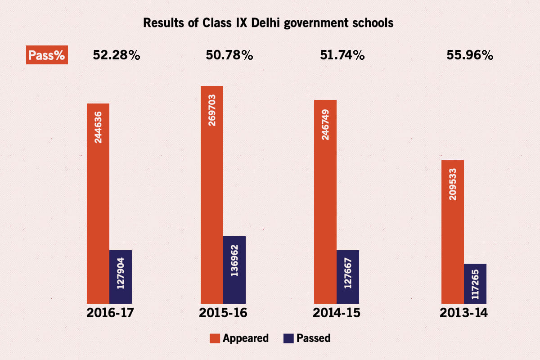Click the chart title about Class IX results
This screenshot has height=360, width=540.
(268, 23)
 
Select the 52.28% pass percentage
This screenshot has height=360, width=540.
(117, 55)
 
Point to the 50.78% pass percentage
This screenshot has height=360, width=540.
(229, 55)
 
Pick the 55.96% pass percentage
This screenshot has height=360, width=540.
(470, 55)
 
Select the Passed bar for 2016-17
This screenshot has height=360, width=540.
(121, 277)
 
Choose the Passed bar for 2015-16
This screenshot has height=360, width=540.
(234, 270)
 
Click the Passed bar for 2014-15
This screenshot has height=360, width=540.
(348, 277)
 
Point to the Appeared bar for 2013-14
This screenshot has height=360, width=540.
(453, 232)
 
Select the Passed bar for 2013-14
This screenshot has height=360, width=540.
(475, 283)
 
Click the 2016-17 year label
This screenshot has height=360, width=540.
(110, 313)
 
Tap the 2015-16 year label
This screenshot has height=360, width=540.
(224, 313)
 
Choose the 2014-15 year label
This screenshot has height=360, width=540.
(337, 313)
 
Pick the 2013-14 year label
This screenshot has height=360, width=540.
(464, 313)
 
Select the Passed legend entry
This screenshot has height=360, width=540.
(307, 338)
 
